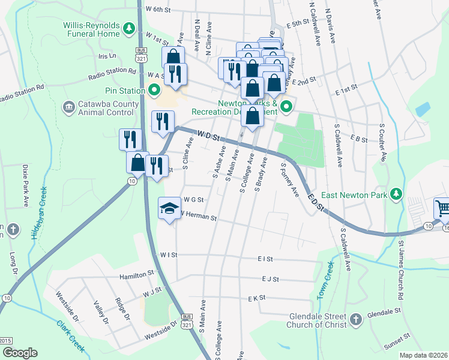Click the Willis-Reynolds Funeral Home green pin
point(128,28)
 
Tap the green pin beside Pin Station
point(154,91)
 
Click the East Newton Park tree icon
point(396,194)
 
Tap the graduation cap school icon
point(169,208)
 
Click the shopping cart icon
point(443,208)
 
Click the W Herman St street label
point(197,216)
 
